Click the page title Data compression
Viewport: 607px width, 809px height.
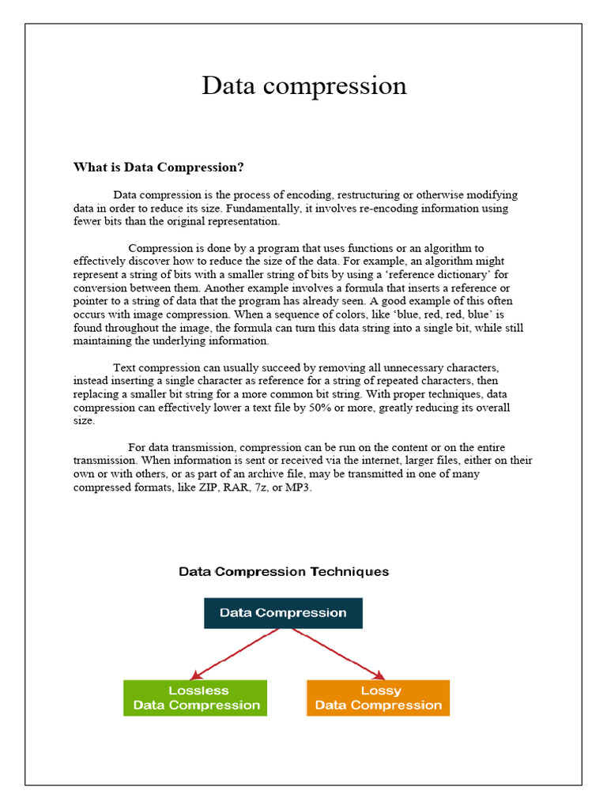(303, 85)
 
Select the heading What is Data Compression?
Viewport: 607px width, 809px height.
(158, 167)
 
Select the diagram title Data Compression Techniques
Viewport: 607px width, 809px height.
(284, 571)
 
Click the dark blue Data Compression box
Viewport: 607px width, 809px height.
(283, 613)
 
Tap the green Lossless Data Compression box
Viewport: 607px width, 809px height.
(195, 698)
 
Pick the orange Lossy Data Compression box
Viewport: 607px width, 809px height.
(378, 698)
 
